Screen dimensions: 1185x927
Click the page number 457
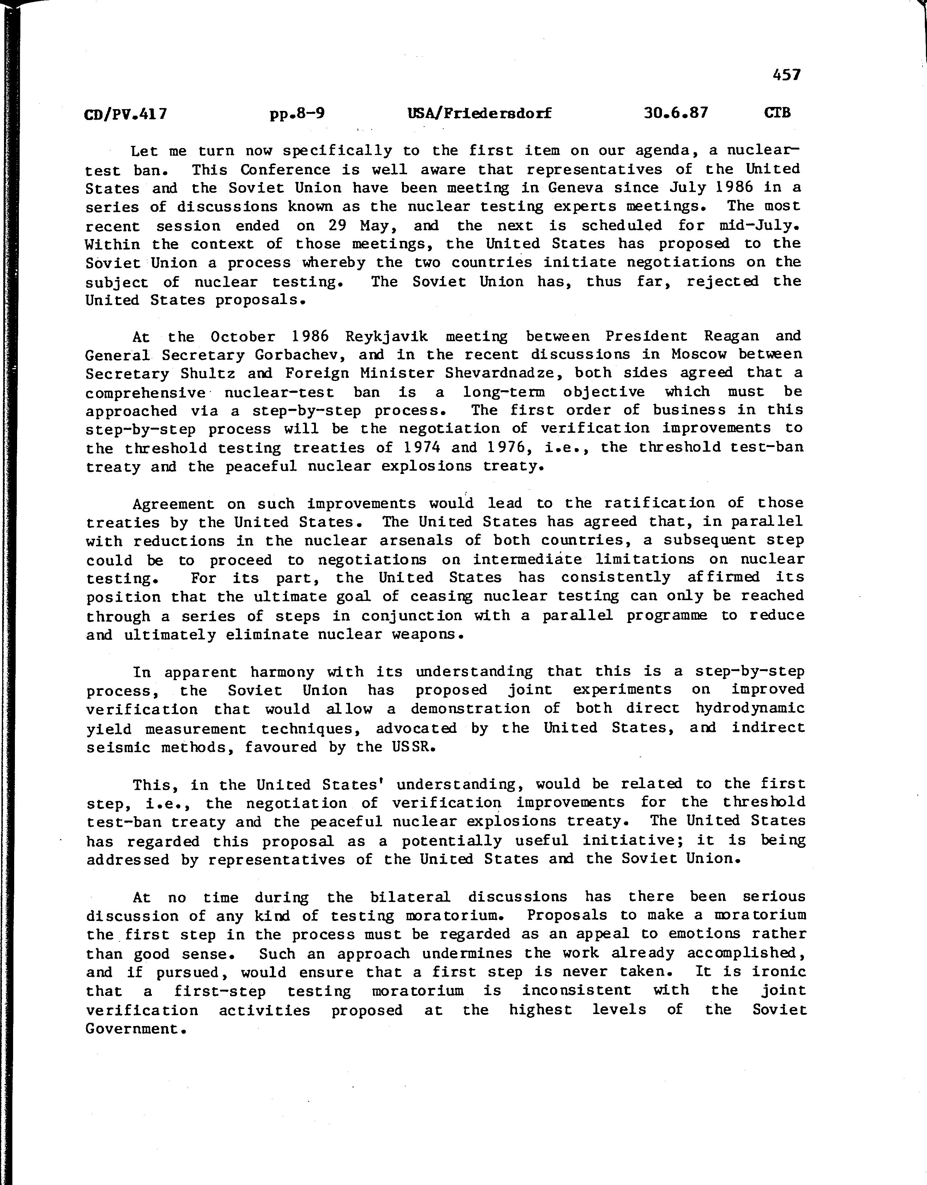(x=786, y=75)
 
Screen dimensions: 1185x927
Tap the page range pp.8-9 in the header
(x=297, y=113)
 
